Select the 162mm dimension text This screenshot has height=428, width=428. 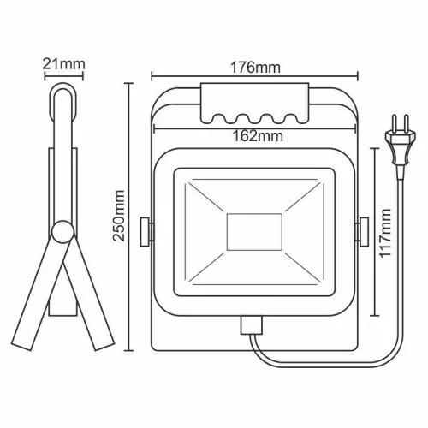(x=254, y=134)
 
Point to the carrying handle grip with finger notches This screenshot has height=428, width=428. (x=253, y=103)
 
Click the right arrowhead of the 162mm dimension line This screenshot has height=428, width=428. (x=353, y=125)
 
